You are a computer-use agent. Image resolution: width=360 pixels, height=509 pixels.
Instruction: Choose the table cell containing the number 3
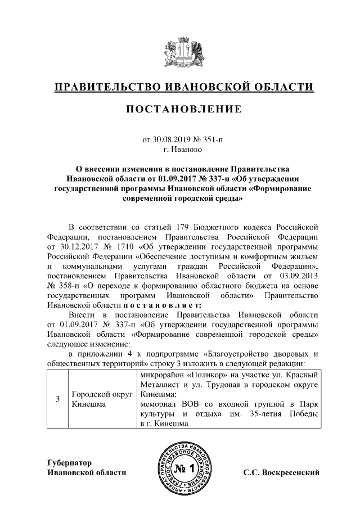click(57, 400)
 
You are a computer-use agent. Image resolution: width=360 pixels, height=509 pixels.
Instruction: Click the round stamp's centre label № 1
click(184, 469)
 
